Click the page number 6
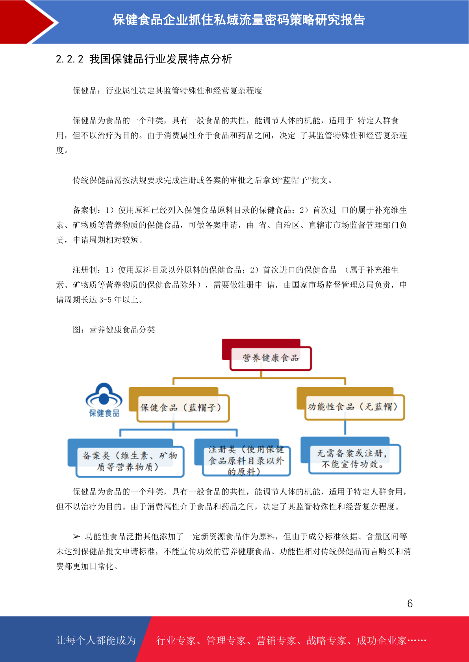point(410,603)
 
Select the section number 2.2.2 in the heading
point(70,59)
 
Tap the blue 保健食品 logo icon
point(104,400)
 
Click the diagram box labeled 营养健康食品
point(270,358)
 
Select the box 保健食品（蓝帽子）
point(183,408)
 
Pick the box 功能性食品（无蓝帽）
point(354,407)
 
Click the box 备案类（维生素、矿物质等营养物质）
point(130,462)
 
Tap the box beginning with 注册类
point(246,461)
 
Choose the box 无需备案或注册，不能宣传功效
point(354,459)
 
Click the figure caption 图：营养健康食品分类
point(114,329)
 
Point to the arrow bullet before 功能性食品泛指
point(76,536)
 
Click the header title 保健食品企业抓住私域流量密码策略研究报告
point(239,20)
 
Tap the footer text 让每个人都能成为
point(96,640)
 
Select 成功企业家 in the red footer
point(381,640)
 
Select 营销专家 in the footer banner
point(276,640)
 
